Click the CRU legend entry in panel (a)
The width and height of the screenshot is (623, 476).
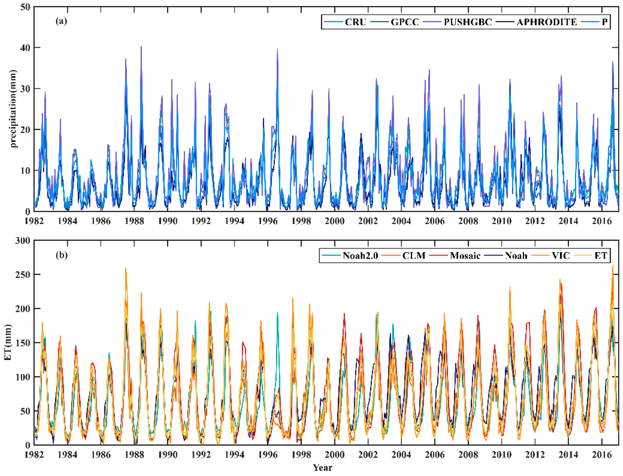point(355,22)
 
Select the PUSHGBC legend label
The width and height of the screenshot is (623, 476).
point(468,22)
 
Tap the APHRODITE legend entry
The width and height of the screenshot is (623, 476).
point(546,22)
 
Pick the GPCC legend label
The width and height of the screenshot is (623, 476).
point(404,22)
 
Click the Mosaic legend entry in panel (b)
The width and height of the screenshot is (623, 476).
point(465,256)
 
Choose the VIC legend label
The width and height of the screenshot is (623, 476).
point(561,256)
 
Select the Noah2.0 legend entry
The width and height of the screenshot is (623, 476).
point(360,256)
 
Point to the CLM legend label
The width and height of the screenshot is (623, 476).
point(414,256)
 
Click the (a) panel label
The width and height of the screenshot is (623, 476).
point(61,21)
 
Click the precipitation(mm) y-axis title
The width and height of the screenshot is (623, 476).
point(13,109)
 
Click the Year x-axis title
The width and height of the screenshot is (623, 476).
point(322,467)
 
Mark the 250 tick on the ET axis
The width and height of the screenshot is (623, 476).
point(23,275)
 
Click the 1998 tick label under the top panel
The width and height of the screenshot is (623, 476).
point(301,221)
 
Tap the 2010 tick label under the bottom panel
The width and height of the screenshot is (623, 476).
point(501,455)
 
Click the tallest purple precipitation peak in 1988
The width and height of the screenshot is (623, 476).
point(141,47)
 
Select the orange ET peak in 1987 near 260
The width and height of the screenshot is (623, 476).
point(126,268)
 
